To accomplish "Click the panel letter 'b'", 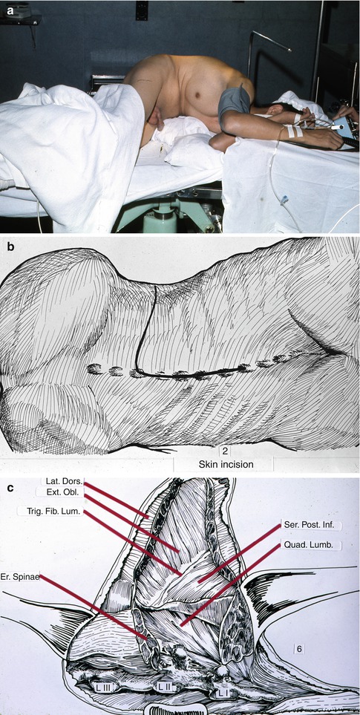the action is tap(11, 247).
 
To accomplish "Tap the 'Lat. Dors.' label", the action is tap(63, 481).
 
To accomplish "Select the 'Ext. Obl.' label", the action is tap(60, 492).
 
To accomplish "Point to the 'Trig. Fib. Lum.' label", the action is tap(50, 511).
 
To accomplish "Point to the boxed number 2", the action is tap(225, 451).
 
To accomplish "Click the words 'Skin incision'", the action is tap(223, 465).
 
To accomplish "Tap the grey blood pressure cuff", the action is tap(234, 103).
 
